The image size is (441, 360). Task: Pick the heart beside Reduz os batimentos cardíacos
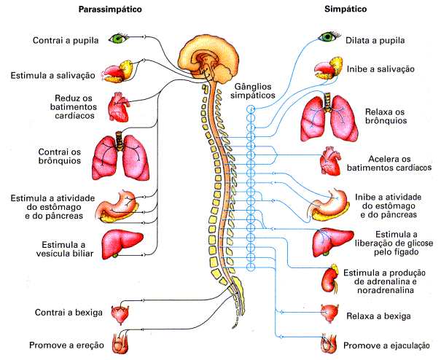pyautogui.click(x=118, y=106)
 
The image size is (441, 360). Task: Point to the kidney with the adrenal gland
pyautogui.click(x=331, y=278)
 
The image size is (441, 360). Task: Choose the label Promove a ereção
pyautogui.click(x=66, y=345)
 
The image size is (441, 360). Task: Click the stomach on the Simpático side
pyautogui.click(x=328, y=203)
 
